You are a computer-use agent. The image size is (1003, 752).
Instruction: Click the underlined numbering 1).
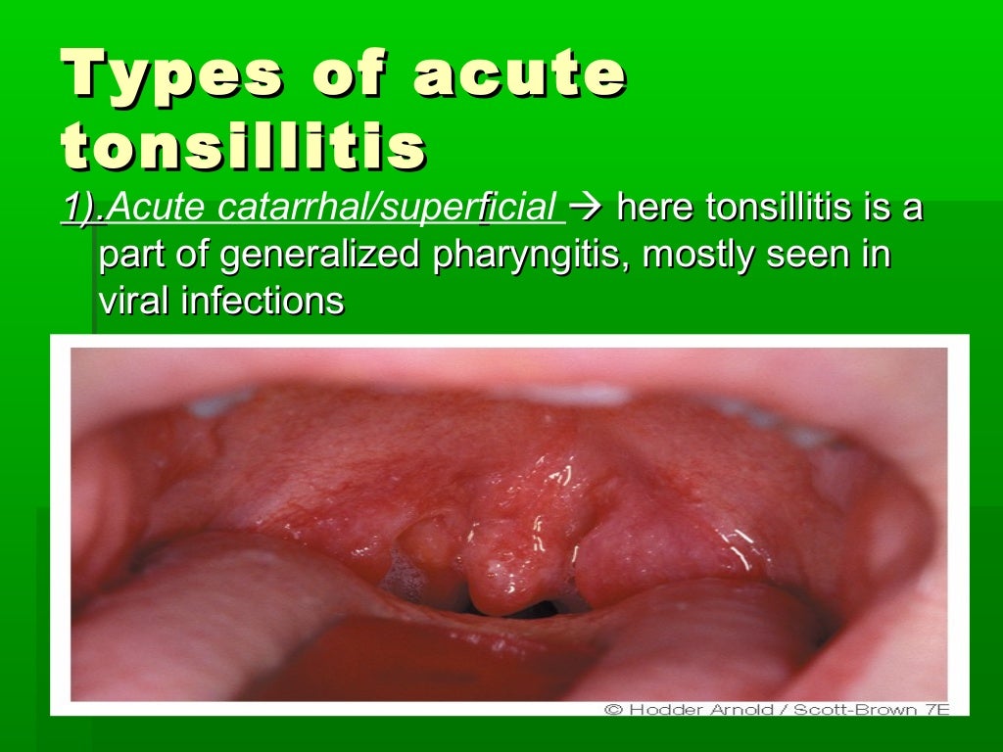click(83, 208)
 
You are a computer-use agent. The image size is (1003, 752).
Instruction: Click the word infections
click(263, 302)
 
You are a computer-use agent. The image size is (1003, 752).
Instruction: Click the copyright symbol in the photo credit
click(613, 708)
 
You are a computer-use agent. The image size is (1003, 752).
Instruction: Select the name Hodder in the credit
click(661, 708)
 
